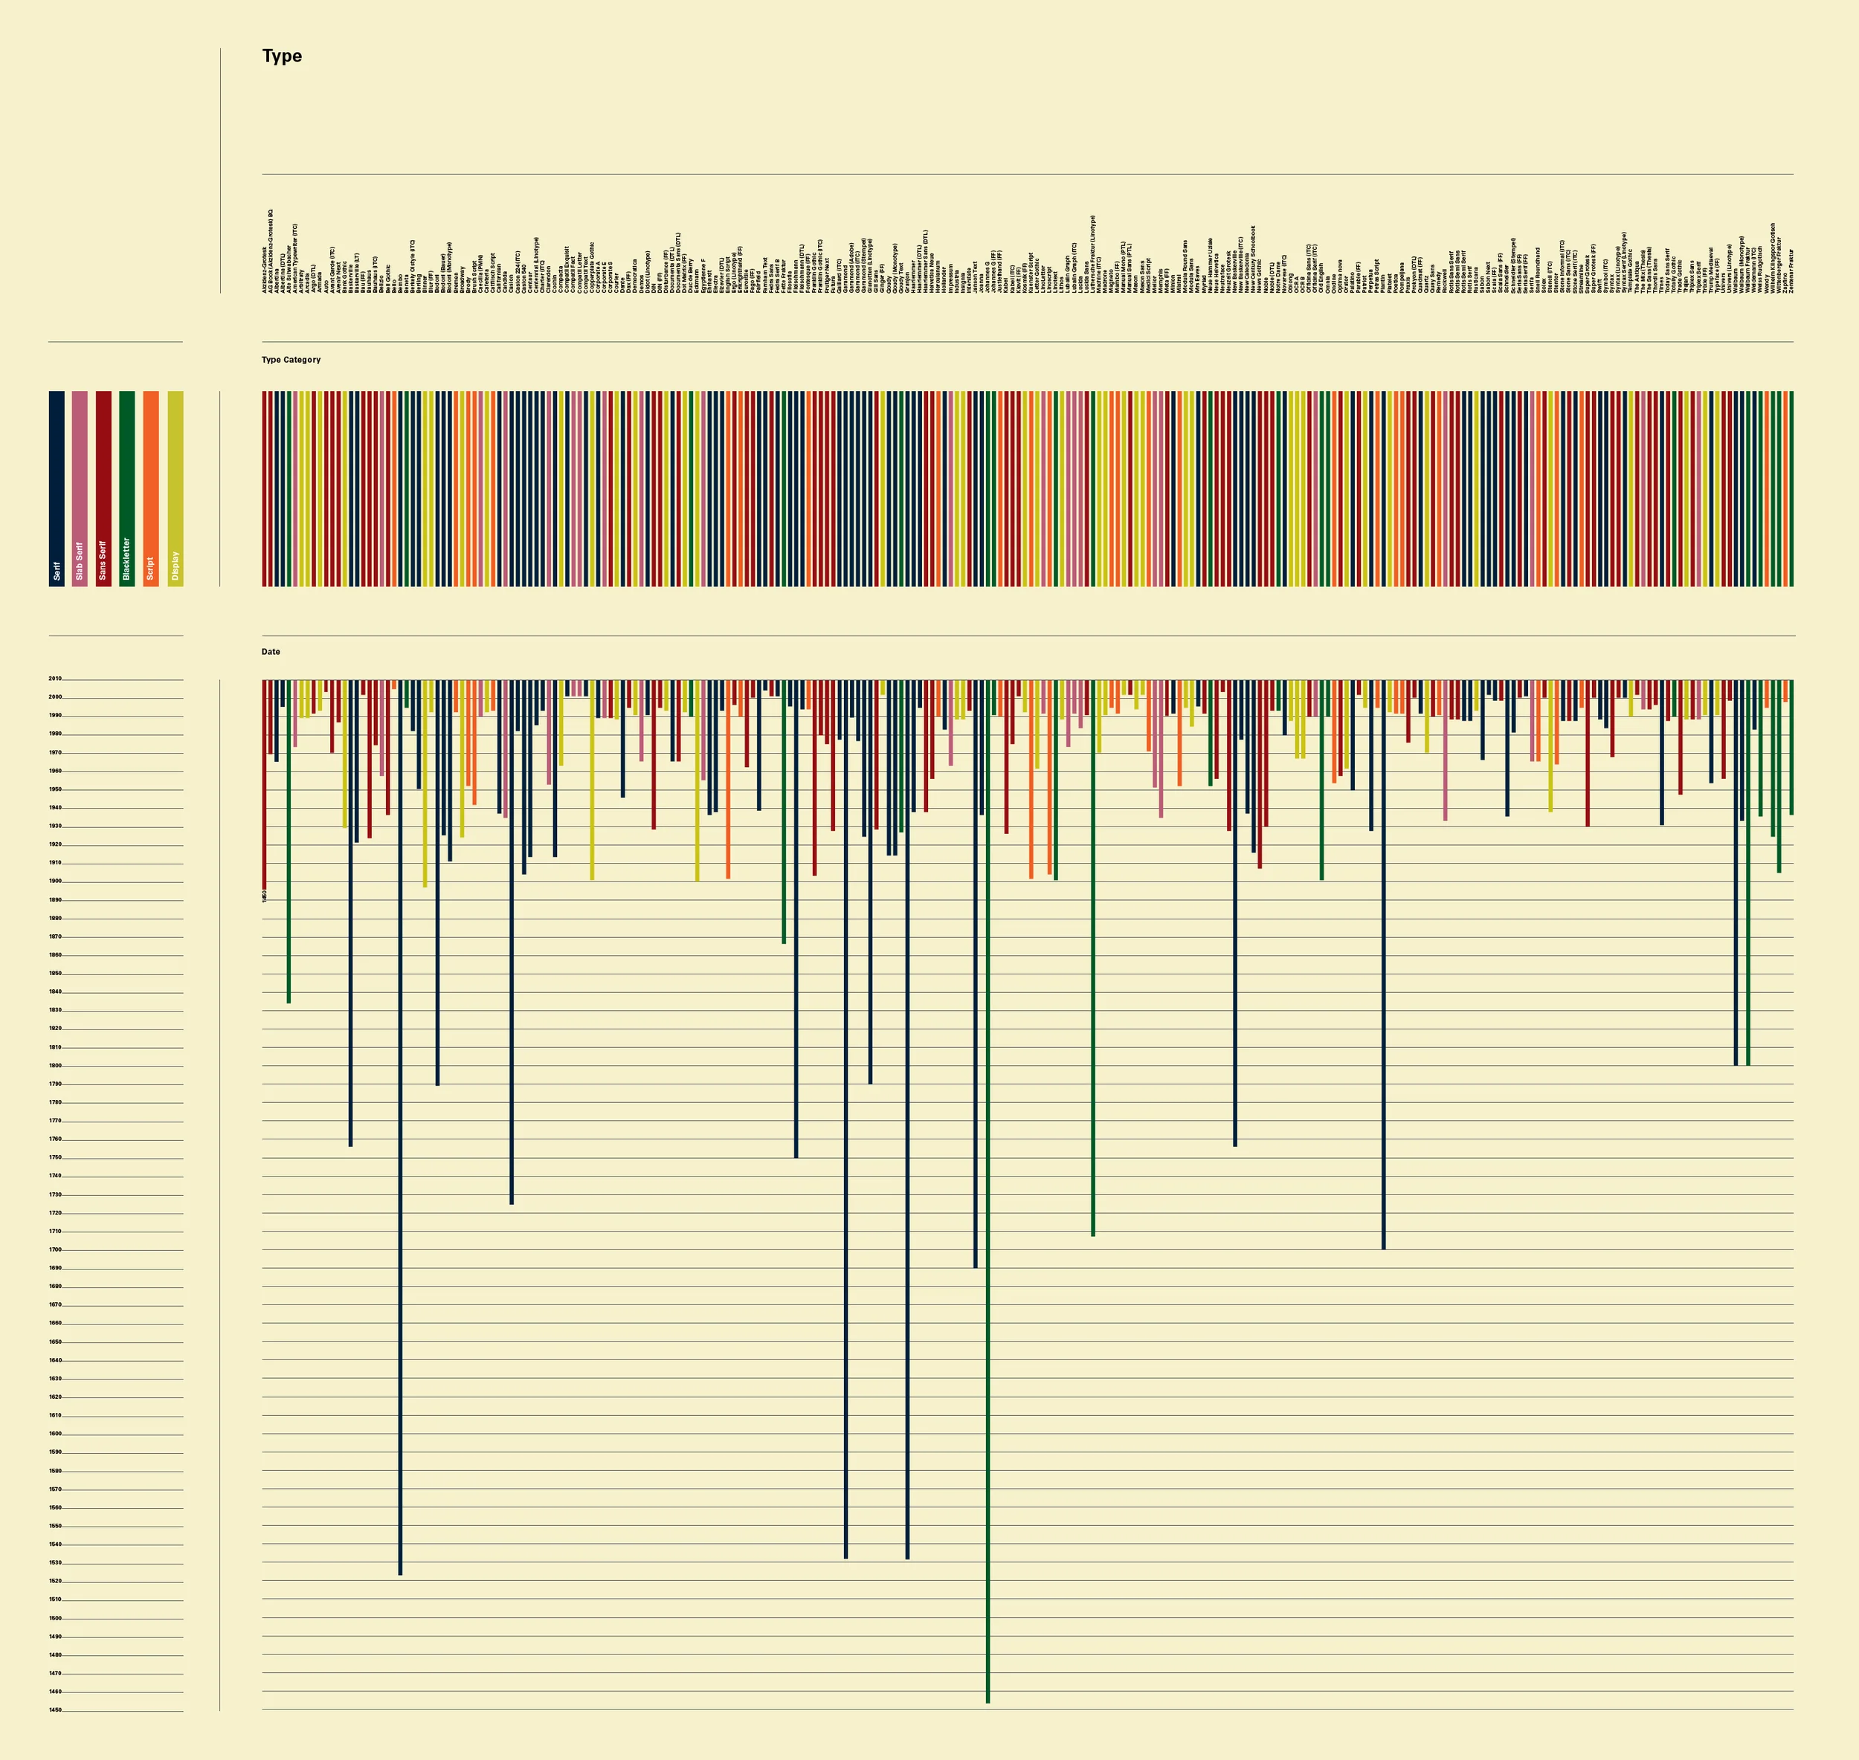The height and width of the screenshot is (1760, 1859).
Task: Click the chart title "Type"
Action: (282, 56)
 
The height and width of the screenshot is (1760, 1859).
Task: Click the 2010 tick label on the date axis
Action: (55, 679)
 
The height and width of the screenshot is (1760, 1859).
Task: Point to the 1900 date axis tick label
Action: (55, 881)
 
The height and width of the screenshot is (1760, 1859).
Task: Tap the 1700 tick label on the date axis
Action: (55, 1249)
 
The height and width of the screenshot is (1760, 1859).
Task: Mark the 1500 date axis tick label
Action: (55, 1618)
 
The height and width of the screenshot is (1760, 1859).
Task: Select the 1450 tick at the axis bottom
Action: (55, 1710)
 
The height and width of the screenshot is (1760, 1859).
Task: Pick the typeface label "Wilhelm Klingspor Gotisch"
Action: (1773, 258)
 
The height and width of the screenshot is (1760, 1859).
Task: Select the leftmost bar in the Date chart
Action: (265, 783)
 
